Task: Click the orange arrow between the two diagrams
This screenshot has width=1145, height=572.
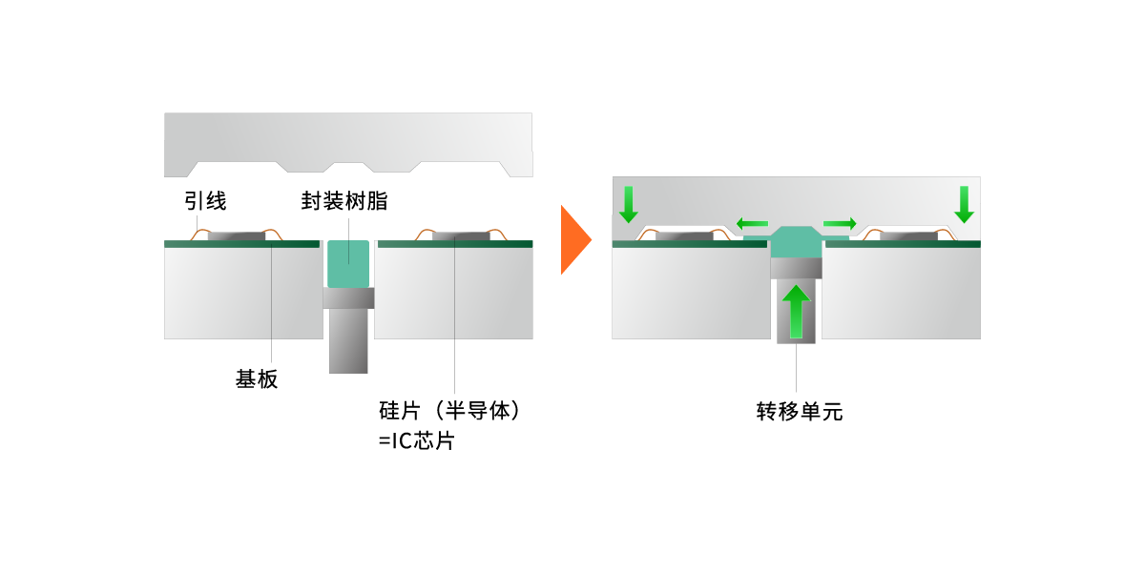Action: pyautogui.click(x=574, y=239)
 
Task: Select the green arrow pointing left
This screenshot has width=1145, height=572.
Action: pyautogui.click(x=752, y=224)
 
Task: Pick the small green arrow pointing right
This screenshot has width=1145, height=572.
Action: pyautogui.click(x=840, y=224)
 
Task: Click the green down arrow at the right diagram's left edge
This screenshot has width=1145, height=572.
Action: pyautogui.click(x=628, y=204)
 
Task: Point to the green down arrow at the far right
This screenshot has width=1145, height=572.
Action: pyautogui.click(x=964, y=204)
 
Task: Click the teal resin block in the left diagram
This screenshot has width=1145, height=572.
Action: pyautogui.click(x=347, y=264)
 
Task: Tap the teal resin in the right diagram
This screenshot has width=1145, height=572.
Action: pyautogui.click(x=796, y=243)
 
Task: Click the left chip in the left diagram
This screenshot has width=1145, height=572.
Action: pyautogui.click(x=236, y=235)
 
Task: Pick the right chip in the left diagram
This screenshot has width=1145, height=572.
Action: pyautogui.click(x=460, y=235)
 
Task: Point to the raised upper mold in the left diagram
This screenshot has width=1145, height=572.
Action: pyautogui.click(x=347, y=139)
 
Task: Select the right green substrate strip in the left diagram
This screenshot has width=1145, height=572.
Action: pyautogui.click(x=454, y=244)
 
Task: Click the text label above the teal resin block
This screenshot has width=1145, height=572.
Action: pyautogui.click(x=343, y=201)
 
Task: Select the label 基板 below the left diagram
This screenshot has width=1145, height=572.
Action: pyautogui.click(x=257, y=379)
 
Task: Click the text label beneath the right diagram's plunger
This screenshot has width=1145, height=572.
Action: pyautogui.click(x=800, y=412)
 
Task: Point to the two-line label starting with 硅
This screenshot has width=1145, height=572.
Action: pyautogui.click(x=448, y=424)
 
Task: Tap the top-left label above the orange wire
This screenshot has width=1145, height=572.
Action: pyautogui.click(x=204, y=201)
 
